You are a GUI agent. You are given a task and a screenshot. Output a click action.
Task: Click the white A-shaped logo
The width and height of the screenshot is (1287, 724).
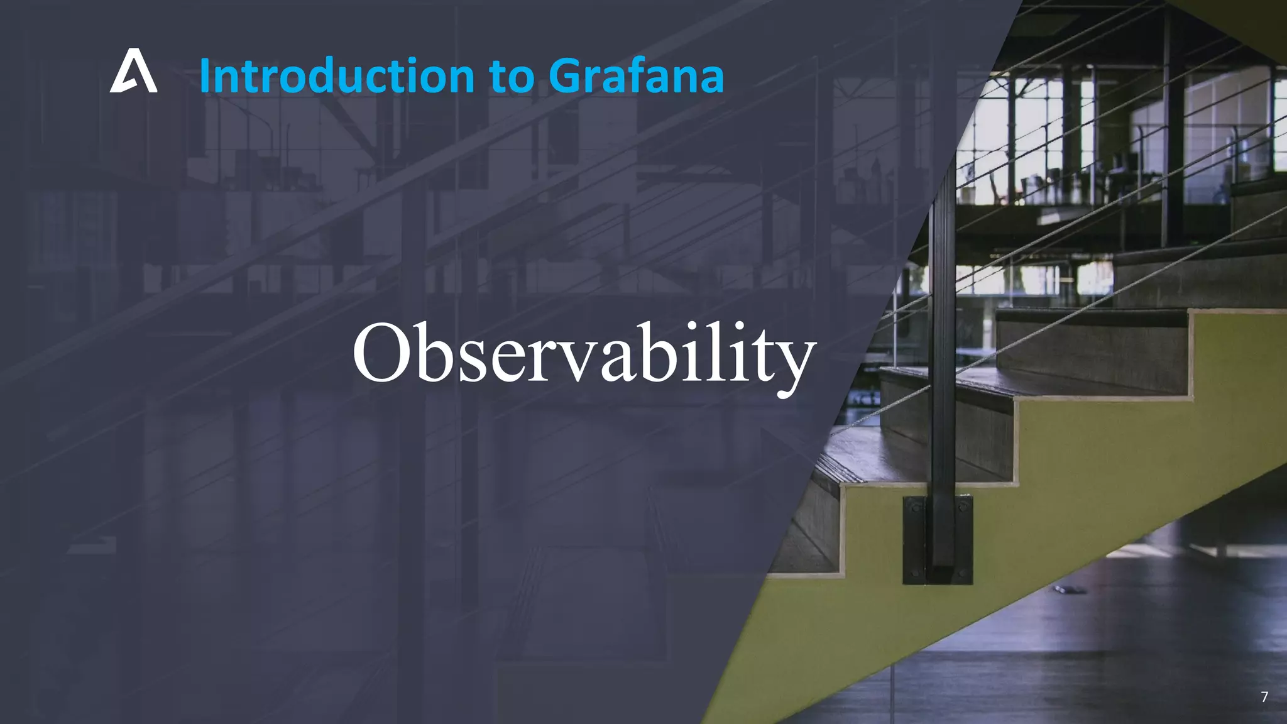click(x=133, y=72)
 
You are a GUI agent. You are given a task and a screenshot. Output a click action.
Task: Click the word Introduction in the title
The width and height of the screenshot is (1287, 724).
click(x=337, y=76)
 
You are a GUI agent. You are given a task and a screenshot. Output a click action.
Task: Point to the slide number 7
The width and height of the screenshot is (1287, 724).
click(x=1264, y=696)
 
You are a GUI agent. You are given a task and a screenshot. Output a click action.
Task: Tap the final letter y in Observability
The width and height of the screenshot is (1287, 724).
click(x=795, y=361)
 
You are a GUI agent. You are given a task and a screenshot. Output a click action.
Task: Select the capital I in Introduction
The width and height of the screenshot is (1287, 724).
click(x=204, y=76)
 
